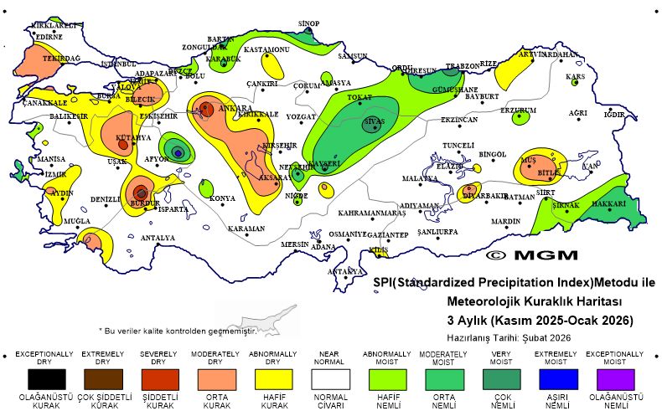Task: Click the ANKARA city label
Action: point(235,109)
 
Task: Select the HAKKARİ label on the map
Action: point(609,203)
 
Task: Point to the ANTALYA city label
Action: point(158,238)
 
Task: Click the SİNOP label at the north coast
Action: point(309,23)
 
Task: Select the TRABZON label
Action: point(462,65)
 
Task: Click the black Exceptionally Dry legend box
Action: point(44,380)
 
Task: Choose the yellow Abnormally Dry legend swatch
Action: point(272,380)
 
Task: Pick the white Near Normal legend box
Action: point(329,380)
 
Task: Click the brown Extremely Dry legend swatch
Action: point(101,380)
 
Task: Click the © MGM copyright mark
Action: point(530,254)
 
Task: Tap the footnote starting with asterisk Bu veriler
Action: point(177,331)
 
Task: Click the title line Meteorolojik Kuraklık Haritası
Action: point(534,301)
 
